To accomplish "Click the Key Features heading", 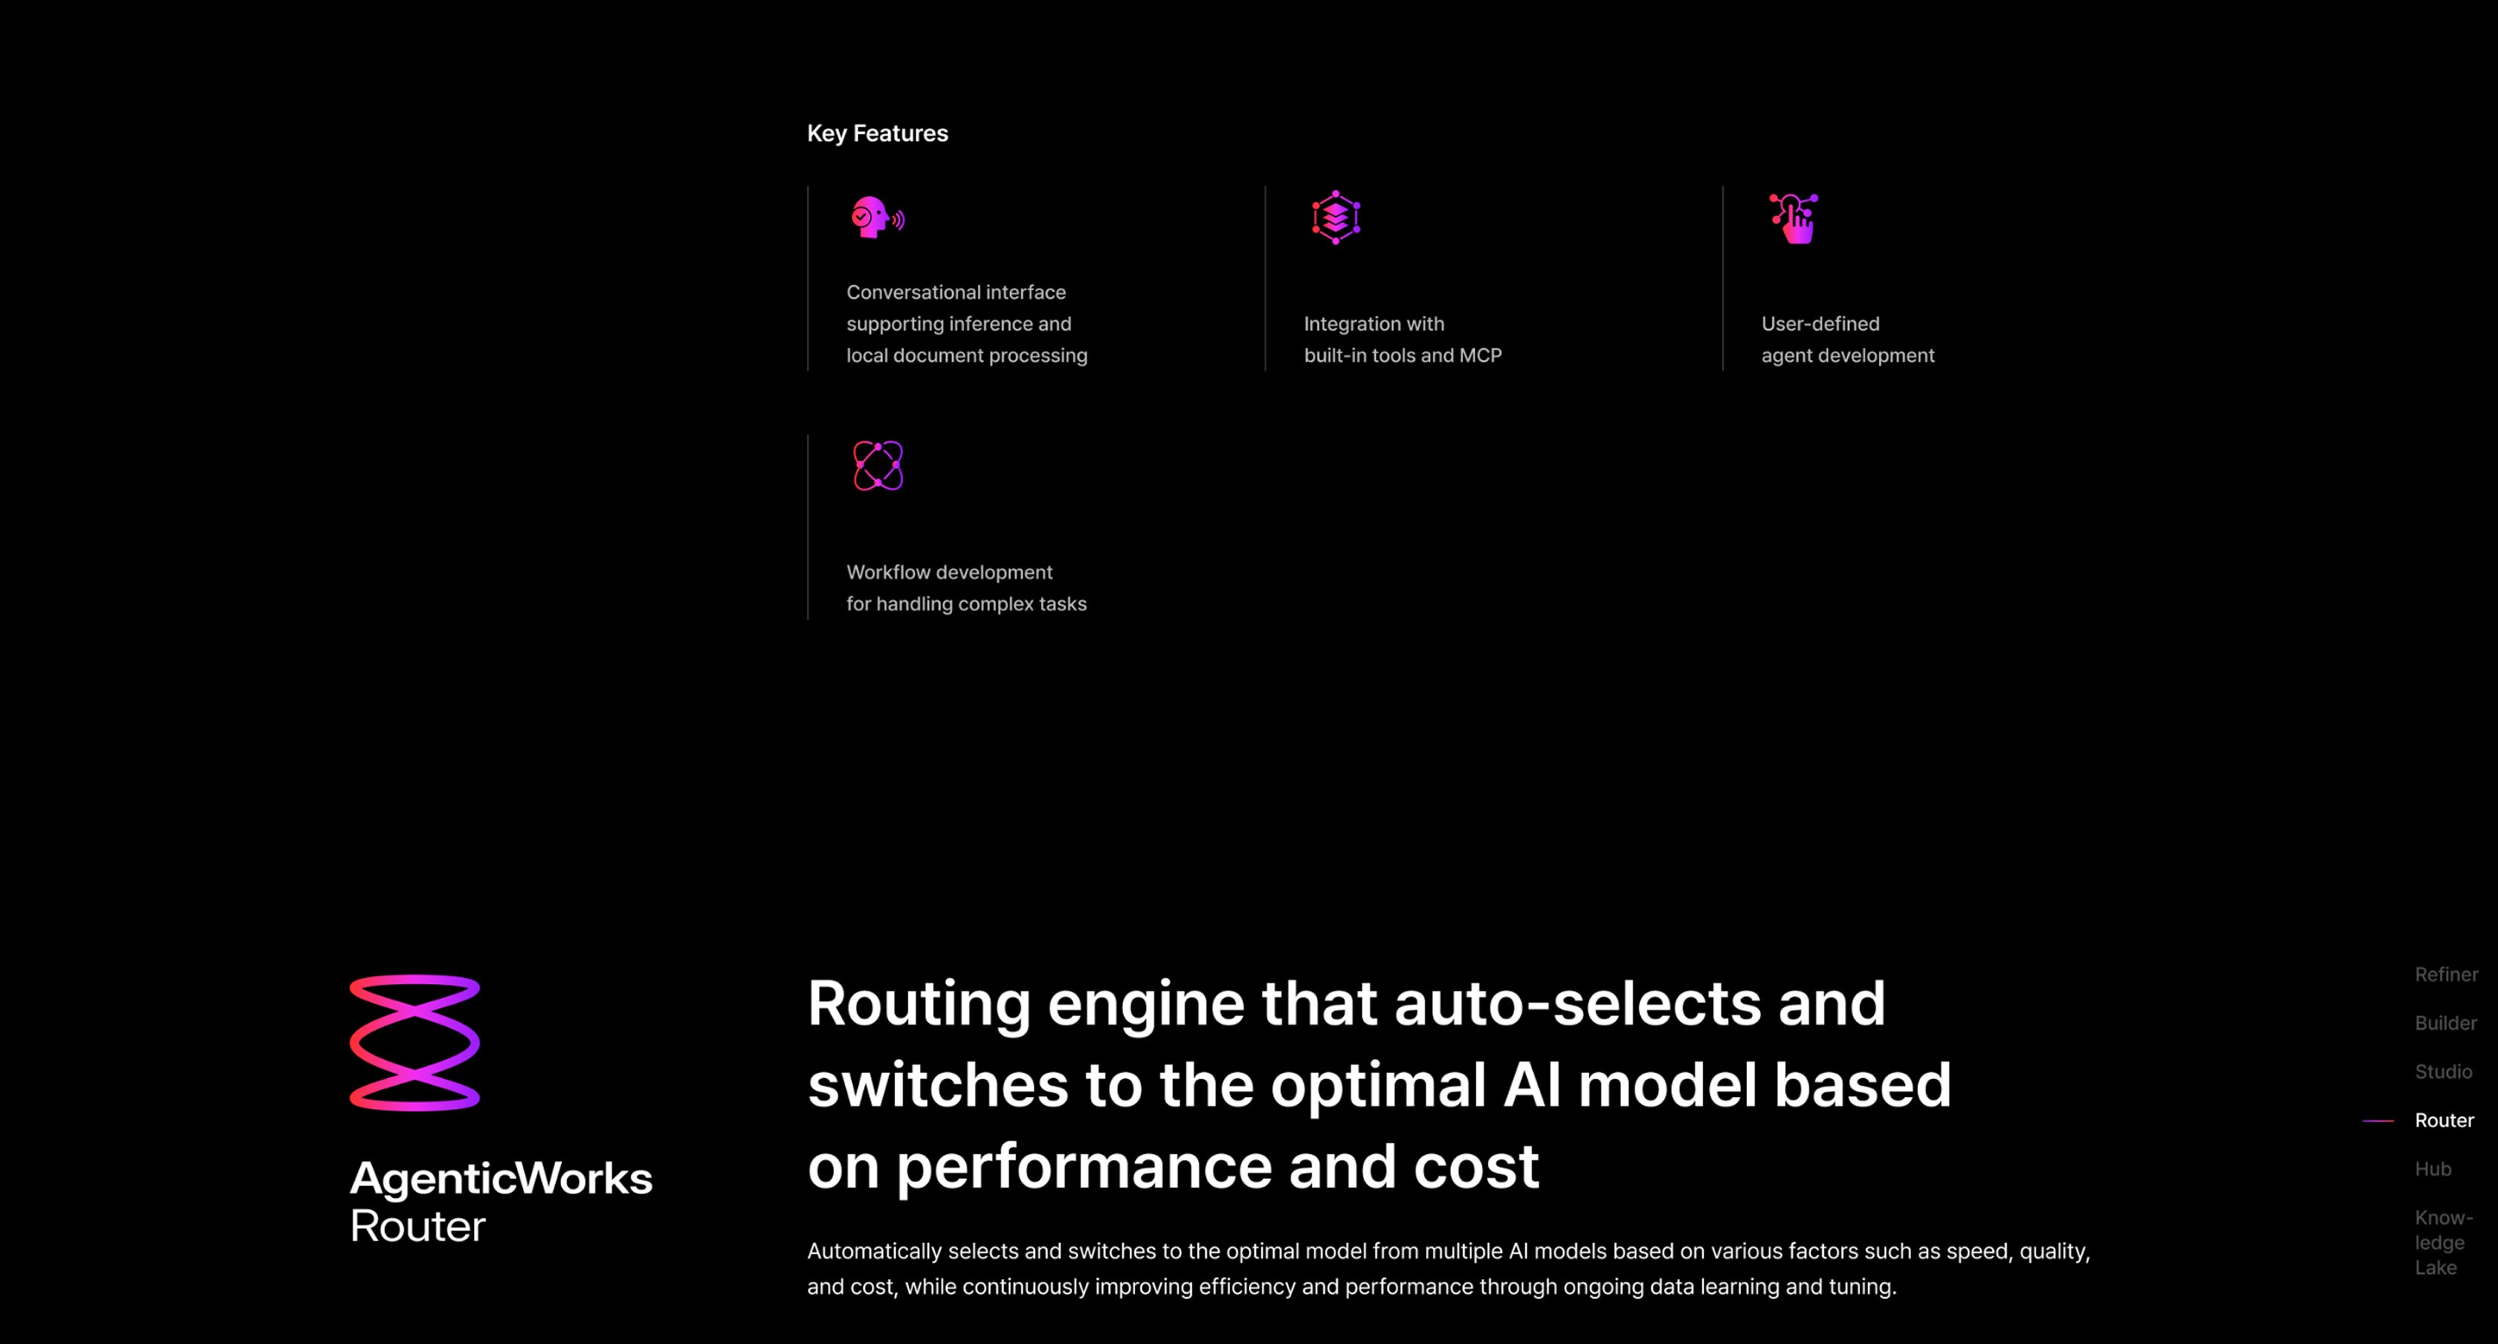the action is tap(877, 134).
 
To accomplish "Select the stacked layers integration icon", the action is tap(1336, 217).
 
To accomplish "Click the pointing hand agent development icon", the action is tap(1794, 218).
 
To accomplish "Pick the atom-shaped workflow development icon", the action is tap(878, 466).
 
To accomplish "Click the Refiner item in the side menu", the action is tap(2445, 975).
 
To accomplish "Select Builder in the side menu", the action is tap(2445, 1023).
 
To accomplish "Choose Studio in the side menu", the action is tap(2443, 1071).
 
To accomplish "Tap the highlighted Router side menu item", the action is tap(2444, 1120).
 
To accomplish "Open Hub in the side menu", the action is tap(2432, 1168).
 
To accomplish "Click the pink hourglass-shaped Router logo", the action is tap(415, 1043).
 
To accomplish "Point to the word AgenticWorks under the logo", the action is tap(500, 1178).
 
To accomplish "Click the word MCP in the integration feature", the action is tap(1480, 356).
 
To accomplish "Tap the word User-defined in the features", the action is tap(1820, 324).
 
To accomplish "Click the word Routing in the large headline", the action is tap(918, 1003).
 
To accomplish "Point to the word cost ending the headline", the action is tap(1476, 1166).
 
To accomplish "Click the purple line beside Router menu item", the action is tap(2377, 1120).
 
